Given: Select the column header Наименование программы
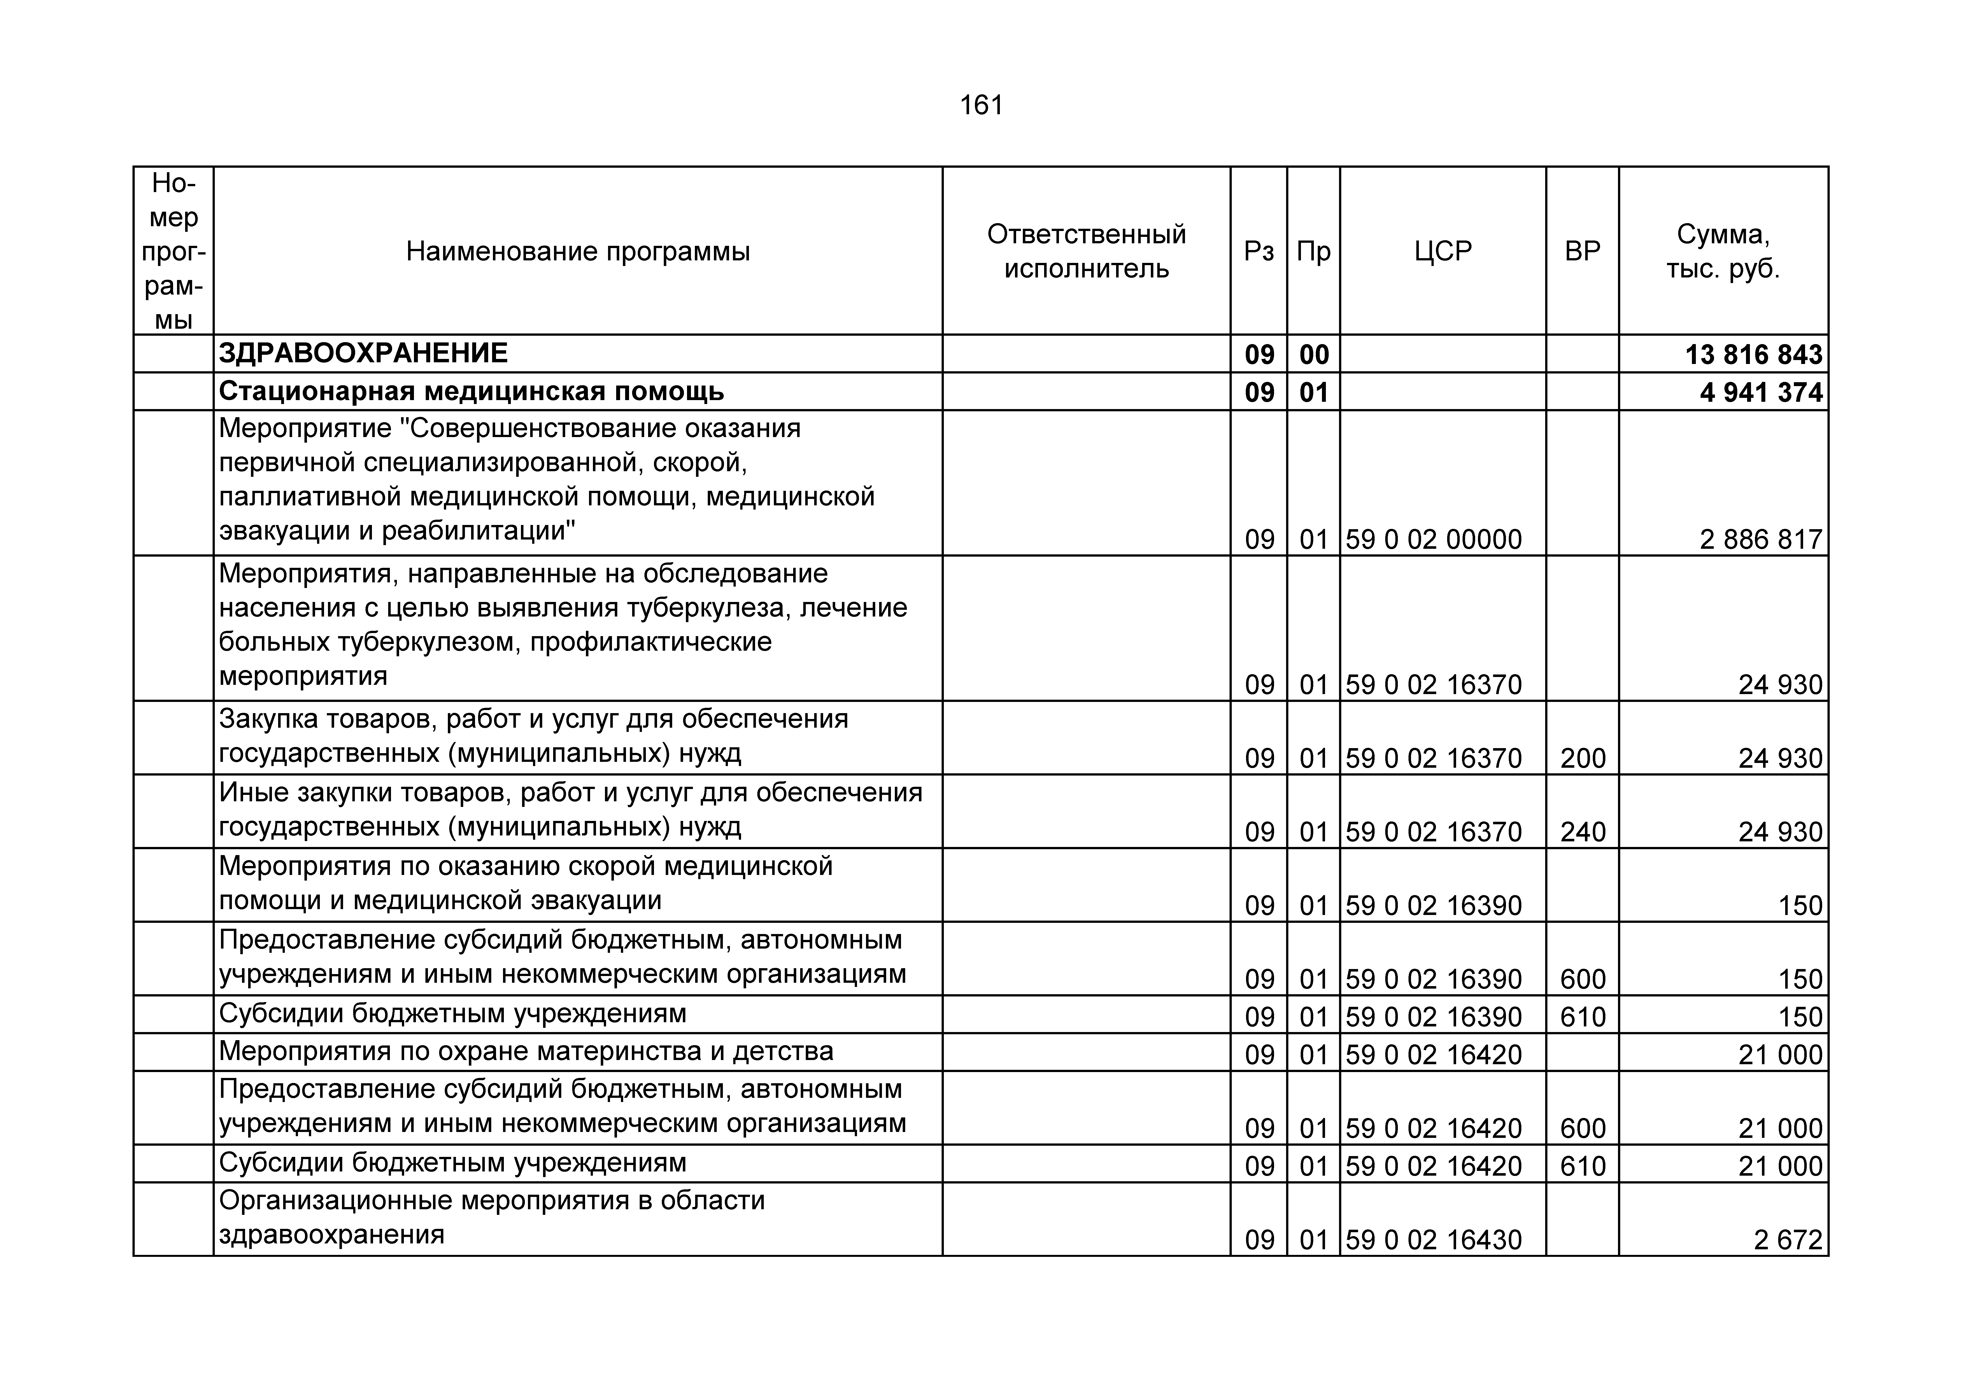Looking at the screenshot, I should tap(578, 252).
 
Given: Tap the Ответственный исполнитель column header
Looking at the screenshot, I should tap(1086, 252).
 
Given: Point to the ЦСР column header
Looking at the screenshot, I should tap(1443, 252).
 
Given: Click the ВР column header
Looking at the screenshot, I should tap(1582, 252).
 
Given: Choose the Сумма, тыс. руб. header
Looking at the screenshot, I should tap(1723, 252).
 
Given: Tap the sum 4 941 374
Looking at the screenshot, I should tap(1761, 392).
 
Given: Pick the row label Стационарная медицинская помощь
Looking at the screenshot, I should tap(472, 392).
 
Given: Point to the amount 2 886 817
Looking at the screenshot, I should tap(1761, 539).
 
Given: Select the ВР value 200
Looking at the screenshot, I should tap(1582, 758).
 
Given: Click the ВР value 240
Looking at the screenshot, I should tap(1582, 832).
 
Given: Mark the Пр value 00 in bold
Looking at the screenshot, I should tap(1314, 354).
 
